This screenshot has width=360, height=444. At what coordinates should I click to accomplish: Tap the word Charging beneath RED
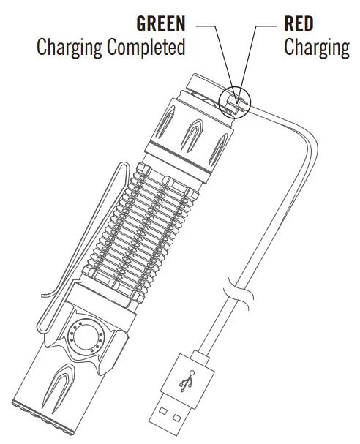pyautogui.click(x=316, y=49)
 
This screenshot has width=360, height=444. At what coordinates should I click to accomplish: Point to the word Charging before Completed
pyautogui.click(x=70, y=48)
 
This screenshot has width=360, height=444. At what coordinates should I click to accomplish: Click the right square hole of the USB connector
pyautogui.click(x=177, y=424)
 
